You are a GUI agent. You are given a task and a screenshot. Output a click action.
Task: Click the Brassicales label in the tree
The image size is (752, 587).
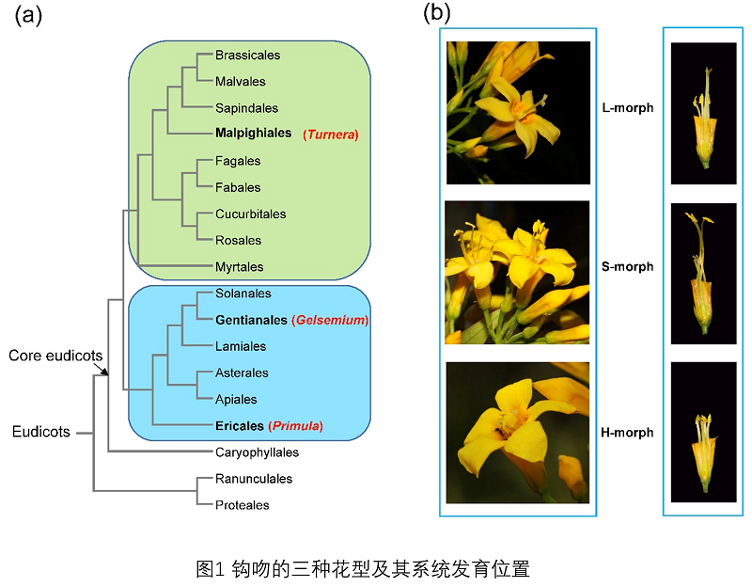coord(247,56)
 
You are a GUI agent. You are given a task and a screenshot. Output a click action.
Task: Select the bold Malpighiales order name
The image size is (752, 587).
coord(253,134)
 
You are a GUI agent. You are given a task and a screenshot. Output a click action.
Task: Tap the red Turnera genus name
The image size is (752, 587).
coord(331,135)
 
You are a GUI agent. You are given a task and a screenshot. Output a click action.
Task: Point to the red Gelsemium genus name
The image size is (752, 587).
coord(329,321)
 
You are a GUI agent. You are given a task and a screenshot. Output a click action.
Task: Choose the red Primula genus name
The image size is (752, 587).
coord(296,426)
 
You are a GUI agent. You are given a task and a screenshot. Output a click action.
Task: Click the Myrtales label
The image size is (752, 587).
coord(239,267)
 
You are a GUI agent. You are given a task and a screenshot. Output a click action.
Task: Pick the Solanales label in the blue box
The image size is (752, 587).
coord(243,294)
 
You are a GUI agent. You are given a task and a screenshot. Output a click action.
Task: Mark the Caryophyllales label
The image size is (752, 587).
coord(256,452)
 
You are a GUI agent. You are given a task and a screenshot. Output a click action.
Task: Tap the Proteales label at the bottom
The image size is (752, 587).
coord(242,505)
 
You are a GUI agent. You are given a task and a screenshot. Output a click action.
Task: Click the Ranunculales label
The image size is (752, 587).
coord(253,479)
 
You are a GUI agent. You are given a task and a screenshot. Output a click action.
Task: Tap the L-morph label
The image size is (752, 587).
coord(627,108)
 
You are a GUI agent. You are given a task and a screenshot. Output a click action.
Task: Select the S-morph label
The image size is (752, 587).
coord(627,266)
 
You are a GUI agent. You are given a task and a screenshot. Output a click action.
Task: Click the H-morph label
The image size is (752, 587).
coord(627,433)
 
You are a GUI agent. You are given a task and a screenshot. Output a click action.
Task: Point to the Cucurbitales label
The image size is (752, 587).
coord(250,214)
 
